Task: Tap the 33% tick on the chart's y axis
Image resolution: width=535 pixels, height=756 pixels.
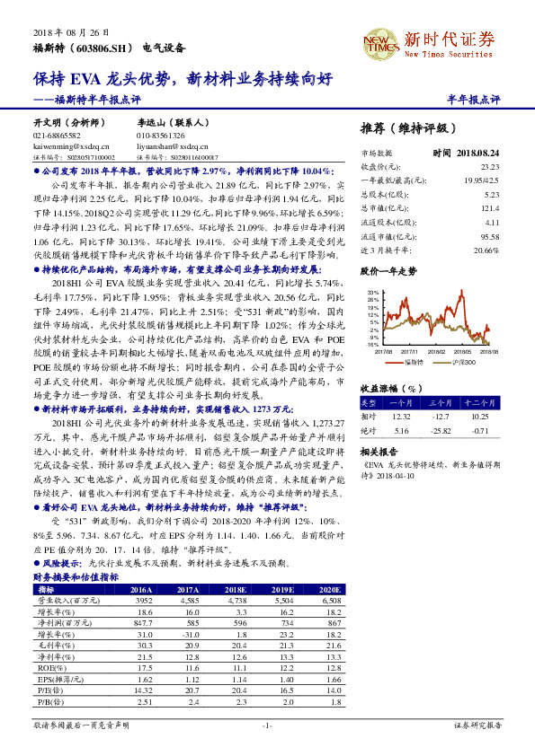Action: tap(371, 293)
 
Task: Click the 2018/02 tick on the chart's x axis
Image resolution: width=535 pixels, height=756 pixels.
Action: tap(435, 353)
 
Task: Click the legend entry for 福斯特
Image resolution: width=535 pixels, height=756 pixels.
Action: tap(413, 362)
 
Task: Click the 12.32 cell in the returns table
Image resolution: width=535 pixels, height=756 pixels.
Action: tap(402, 416)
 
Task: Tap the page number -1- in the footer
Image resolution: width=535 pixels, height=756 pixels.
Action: tap(266, 724)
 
